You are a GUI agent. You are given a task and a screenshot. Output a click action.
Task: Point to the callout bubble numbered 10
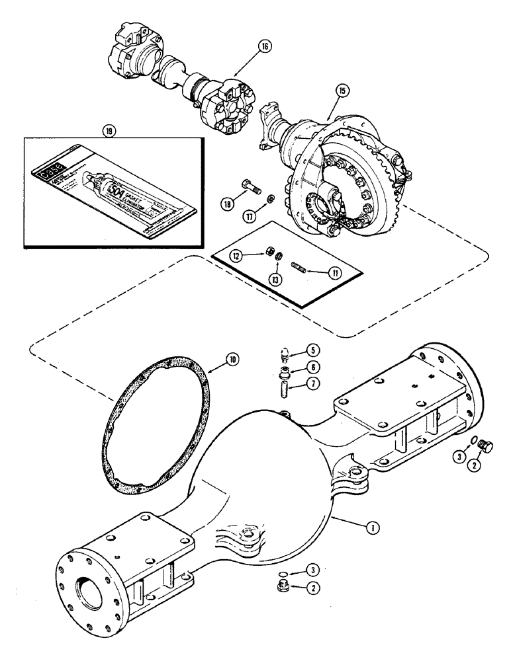click(232, 360)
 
